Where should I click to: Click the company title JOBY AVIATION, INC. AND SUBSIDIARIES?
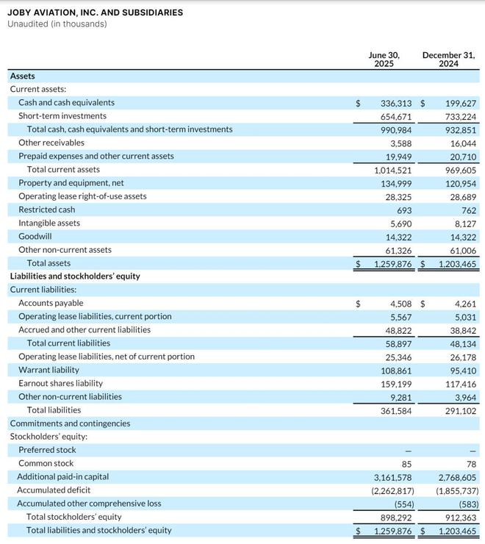(96, 12)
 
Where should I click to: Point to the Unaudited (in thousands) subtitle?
(57, 24)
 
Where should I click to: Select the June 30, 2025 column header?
(384, 60)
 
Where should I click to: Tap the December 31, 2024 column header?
(448, 60)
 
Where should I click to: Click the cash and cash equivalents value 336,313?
(397, 103)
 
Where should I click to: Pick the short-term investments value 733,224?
(460, 116)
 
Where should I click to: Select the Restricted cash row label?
(47, 210)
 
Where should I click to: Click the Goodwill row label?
(35, 237)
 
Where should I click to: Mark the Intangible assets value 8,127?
(464, 223)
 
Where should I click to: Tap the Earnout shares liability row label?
(60, 383)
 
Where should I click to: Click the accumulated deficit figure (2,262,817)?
(392, 490)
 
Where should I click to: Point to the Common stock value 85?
(408, 464)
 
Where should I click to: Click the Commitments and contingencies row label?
(70, 423)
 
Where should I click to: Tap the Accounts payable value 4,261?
(466, 303)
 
